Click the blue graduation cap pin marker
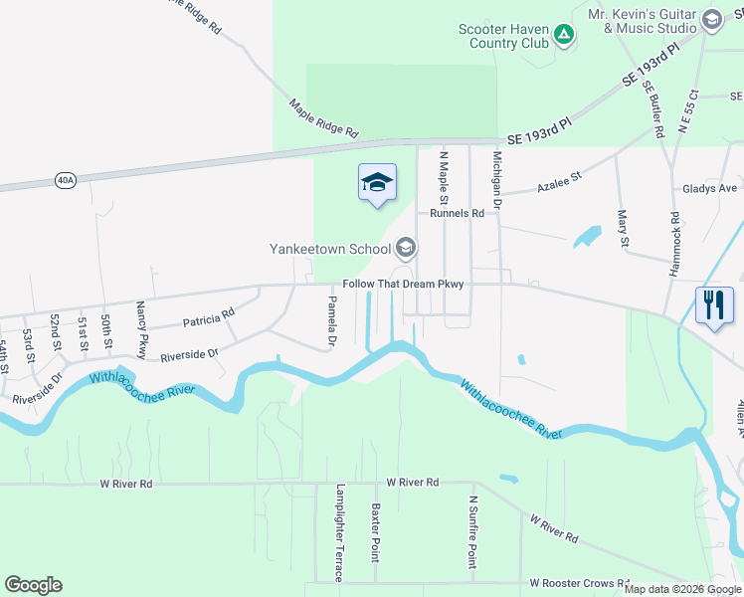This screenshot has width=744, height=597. click(377, 183)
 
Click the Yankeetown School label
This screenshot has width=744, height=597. click(331, 248)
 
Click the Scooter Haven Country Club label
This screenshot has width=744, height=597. click(504, 37)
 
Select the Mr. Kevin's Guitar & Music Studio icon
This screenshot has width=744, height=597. click(711, 20)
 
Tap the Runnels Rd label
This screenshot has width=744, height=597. click(457, 213)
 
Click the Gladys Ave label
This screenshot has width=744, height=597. click(709, 188)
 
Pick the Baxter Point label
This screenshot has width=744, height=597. click(376, 530)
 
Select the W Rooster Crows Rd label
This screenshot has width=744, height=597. click(580, 583)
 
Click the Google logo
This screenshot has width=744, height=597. click(34, 584)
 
